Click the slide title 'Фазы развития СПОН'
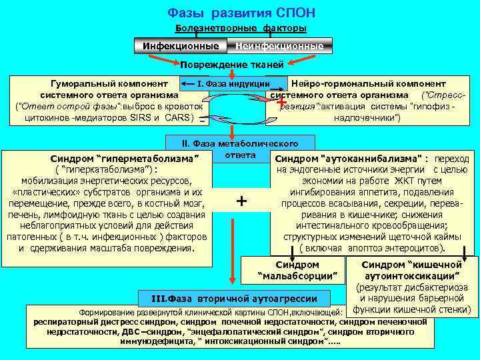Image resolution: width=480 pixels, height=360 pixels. tap(241, 13)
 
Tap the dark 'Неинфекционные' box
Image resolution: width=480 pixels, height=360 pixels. tap(279, 46)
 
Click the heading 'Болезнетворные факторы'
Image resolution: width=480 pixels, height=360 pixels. tap(241, 28)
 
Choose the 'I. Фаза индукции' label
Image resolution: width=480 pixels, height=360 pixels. tap(233, 83)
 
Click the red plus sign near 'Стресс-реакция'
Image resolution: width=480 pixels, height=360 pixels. tap(281, 102)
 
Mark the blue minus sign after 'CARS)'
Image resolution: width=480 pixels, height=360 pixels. tap(202, 121)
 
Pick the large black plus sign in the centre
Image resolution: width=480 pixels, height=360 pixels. tap(241, 201)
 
